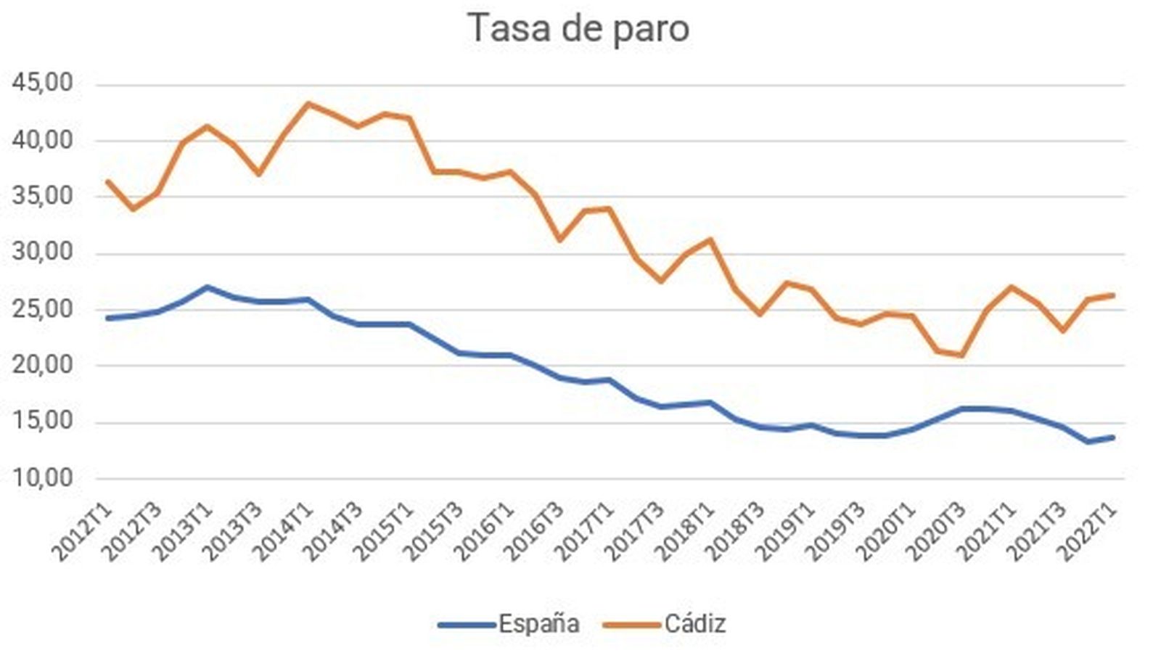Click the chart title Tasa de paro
coord(578,29)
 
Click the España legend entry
coord(538,623)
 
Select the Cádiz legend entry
coord(694,623)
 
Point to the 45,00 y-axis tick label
coord(43,83)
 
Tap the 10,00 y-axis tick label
coord(43,478)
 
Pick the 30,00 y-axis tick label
coord(43,252)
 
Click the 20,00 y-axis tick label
coord(43,365)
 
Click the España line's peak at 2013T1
coord(208,287)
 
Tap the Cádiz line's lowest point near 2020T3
coord(962,355)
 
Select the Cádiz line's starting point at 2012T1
coord(107,181)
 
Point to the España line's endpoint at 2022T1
coord(1113,437)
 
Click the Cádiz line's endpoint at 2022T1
coord(1113,295)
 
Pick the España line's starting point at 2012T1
coord(107,318)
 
